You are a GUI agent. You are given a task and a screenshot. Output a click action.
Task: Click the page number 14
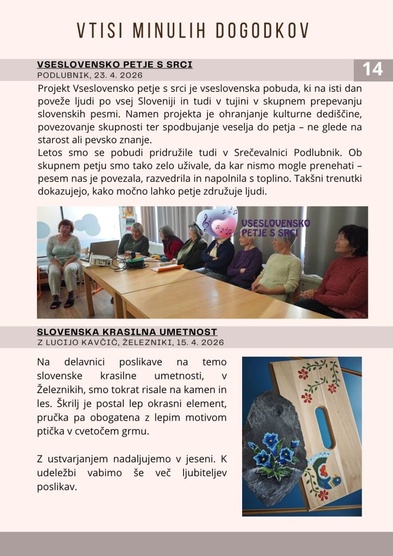click(x=372, y=69)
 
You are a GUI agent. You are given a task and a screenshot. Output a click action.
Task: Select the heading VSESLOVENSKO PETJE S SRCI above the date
click(x=115, y=65)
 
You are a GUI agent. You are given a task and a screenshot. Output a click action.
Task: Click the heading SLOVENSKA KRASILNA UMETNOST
click(x=127, y=332)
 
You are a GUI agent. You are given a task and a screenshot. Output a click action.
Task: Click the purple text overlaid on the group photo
click(x=275, y=228)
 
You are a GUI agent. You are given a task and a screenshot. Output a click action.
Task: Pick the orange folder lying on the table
click(x=167, y=268)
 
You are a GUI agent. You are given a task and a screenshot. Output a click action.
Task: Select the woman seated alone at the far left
click(x=63, y=262)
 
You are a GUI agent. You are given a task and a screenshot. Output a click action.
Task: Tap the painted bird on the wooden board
click(x=327, y=472)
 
